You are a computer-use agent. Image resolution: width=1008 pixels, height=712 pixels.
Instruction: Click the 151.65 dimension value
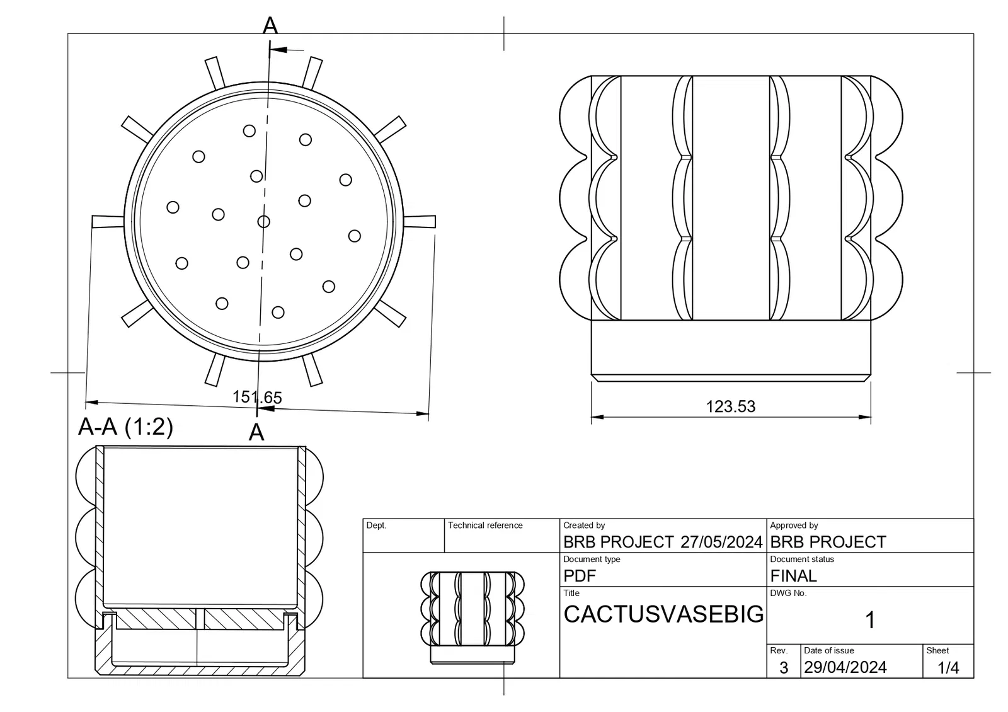[x=257, y=397]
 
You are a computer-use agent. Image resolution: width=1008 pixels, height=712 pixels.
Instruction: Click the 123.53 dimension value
[x=730, y=406]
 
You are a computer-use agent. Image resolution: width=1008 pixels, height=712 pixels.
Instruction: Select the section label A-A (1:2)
[x=125, y=426]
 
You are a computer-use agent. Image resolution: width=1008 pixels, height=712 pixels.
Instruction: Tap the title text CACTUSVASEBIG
[x=663, y=614]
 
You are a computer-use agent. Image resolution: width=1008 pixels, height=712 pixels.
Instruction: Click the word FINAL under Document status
[x=793, y=576]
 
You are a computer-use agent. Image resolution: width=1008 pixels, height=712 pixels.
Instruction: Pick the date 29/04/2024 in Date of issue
[x=845, y=667]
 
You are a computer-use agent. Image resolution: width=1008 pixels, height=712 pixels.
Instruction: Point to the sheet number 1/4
[x=948, y=667]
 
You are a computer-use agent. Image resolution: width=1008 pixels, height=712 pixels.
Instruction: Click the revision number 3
[x=784, y=667]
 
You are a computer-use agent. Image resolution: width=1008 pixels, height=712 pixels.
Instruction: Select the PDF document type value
[x=580, y=576]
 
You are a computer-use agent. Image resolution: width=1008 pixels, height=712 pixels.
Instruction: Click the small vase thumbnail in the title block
[x=472, y=617]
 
